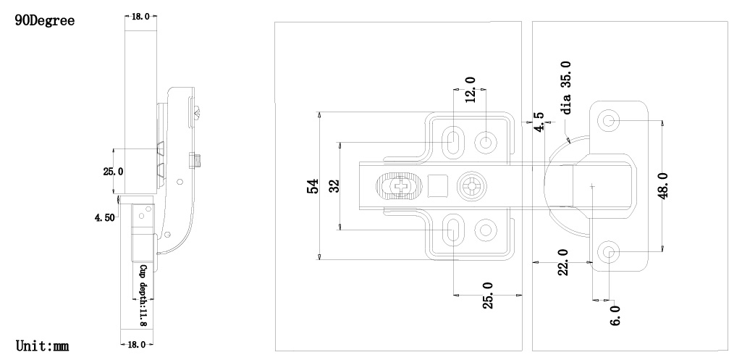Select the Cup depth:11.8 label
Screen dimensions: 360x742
143,295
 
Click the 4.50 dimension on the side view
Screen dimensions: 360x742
104,218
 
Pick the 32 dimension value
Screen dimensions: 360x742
334,186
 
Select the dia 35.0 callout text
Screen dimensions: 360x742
566,88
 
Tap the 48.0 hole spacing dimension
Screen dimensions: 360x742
665,185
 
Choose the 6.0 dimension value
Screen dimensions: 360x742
615,317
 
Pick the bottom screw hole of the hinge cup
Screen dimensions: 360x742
610,252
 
